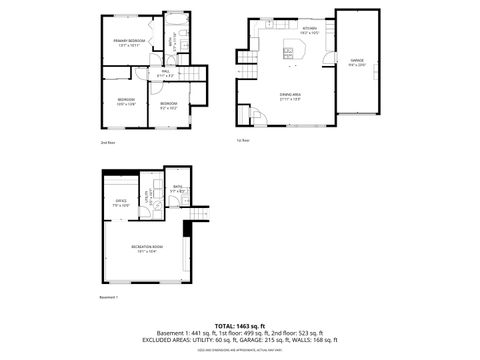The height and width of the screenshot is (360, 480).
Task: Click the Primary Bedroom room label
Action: pyautogui.click(x=129, y=42)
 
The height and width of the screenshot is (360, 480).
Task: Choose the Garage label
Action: pyautogui.click(x=357, y=63)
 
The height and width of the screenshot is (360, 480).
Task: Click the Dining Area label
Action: pyautogui.click(x=290, y=96)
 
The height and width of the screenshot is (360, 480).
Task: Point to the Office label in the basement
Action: pyautogui.click(x=120, y=203)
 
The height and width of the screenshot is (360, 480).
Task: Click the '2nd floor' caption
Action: pyautogui.click(x=107, y=143)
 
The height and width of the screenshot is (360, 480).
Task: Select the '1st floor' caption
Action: pyautogui.click(x=242, y=140)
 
